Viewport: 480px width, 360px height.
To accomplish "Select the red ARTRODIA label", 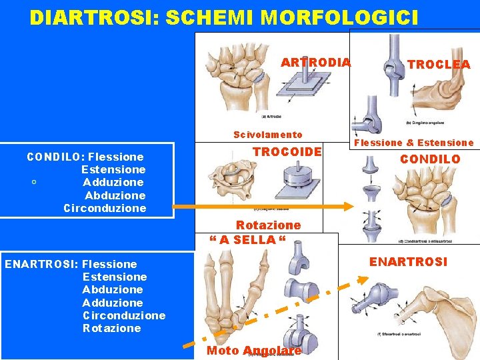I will point(315,63).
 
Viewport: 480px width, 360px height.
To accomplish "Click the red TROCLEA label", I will point(439,65).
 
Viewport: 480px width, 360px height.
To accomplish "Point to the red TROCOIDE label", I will point(287,152).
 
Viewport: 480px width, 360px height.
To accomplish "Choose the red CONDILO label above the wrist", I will point(430,159).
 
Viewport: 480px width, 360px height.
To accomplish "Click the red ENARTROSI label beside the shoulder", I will point(408,262).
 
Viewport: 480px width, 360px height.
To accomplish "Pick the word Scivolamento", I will point(267,135).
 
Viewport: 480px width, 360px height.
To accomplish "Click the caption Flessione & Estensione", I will point(413,143).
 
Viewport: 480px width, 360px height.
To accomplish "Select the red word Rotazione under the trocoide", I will point(268,225).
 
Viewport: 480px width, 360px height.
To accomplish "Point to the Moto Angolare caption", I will point(254,351).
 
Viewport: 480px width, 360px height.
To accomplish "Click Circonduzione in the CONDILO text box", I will point(105,208).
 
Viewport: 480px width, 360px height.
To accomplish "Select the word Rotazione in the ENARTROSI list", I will point(112,328).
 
